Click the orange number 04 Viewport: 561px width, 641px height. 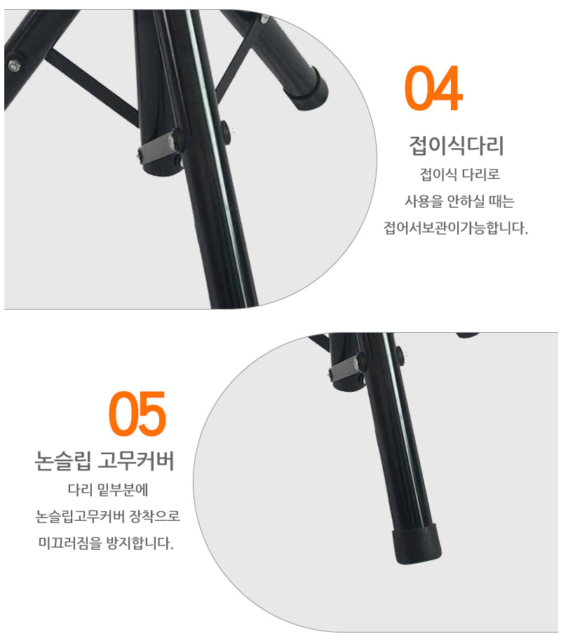[x=433, y=88]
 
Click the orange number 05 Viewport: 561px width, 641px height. [x=137, y=414]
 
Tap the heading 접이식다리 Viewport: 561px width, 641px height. [x=457, y=145]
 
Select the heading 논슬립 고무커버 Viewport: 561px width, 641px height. [x=104, y=461]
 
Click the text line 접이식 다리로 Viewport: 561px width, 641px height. [x=460, y=175]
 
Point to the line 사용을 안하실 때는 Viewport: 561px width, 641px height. [x=459, y=201]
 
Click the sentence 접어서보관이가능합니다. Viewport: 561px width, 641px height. [x=456, y=227]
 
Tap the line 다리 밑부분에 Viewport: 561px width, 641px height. [x=108, y=489]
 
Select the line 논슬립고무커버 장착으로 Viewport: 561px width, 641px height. [x=108, y=516]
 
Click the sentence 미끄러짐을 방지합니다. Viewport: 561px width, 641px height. [x=106, y=543]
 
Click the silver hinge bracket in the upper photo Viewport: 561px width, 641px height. [x=158, y=148]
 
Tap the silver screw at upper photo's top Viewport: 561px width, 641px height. [x=264, y=18]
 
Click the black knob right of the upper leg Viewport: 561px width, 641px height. [x=225, y=130]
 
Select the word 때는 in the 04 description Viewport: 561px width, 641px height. [x=502, y=201]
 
